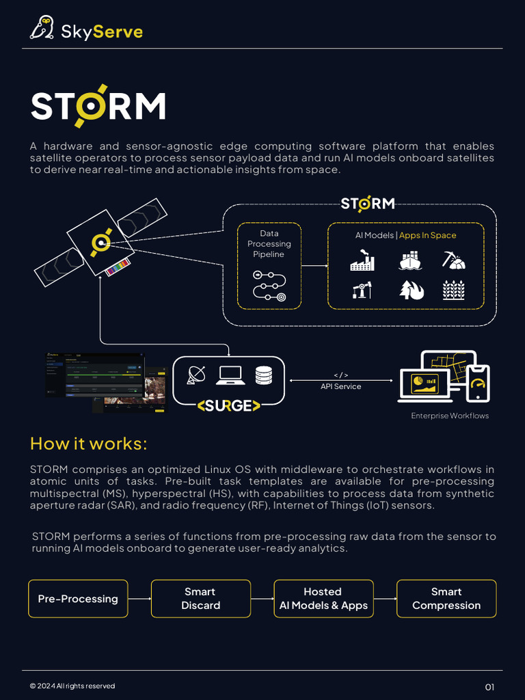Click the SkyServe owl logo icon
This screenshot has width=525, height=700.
[x=42, y=28]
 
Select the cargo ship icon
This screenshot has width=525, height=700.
[x=410, y=261]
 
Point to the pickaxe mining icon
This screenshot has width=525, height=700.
[x=453, y=260]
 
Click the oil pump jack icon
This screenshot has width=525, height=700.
[x=362, y=290]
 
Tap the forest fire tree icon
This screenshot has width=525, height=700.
[x=411, y=290]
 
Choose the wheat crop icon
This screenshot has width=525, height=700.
[x=453, y=290]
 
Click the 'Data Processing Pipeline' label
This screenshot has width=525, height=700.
[x=269, y=244]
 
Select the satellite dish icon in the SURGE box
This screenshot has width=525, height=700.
[x=197, y=375]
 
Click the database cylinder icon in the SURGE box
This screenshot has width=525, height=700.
[x=263, y=375]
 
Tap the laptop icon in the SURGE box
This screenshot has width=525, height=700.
[x=230, y=375]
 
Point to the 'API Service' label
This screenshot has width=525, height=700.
[x=340, y=386]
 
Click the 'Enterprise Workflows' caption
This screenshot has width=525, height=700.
[x=449, y=416]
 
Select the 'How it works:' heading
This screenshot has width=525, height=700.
[x=88, y=444]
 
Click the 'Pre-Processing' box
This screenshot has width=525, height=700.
[x=78, y=599]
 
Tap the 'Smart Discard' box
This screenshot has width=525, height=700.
[x=200, y=599]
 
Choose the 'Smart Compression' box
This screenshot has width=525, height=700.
[x=446, y=599]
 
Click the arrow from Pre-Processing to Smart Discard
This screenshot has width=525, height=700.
[x=139, y=599]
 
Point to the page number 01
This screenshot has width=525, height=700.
[x=489, y=687]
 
